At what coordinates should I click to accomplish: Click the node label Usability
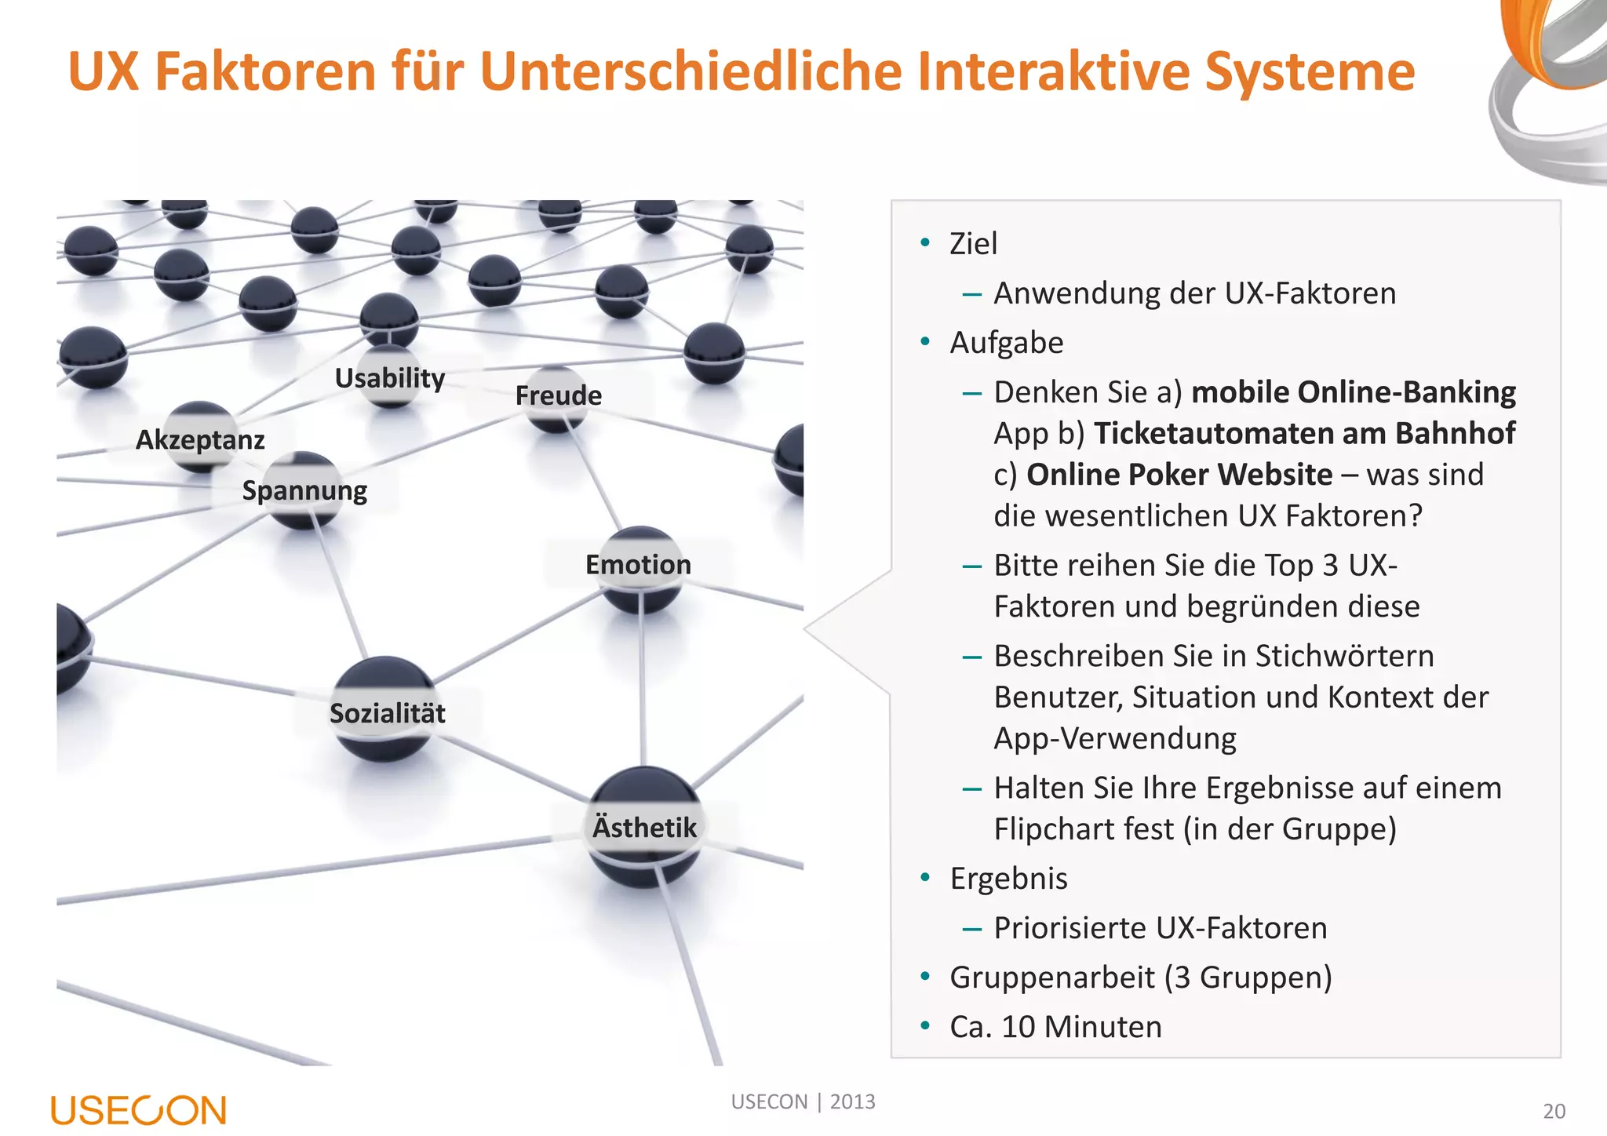[389, 378]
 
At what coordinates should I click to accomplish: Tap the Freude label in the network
[558, 395]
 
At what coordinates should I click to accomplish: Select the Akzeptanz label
[200, 440]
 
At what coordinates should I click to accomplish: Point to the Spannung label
[304, 491]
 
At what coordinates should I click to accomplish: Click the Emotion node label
[638, 565]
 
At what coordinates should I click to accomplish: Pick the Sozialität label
[387, 714]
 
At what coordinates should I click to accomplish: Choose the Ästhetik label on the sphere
[644, 828]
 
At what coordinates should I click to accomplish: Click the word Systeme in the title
[1310, 72]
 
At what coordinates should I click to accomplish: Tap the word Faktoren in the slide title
[266, 72]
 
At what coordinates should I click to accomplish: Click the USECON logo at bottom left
[139, 1110]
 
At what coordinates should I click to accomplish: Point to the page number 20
[1554, 1112]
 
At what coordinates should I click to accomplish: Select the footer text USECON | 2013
[803, 1102]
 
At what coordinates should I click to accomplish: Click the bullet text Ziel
[973, 244]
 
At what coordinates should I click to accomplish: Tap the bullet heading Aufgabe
[1007, 343]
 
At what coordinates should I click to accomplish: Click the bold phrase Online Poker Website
[1179, 475]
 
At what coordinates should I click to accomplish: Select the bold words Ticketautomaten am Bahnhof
[1304, 434]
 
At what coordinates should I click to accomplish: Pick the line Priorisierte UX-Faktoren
[1160, 928]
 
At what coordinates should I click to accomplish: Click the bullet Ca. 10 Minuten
[1055, 1027]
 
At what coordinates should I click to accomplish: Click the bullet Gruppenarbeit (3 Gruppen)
[1141, 978]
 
